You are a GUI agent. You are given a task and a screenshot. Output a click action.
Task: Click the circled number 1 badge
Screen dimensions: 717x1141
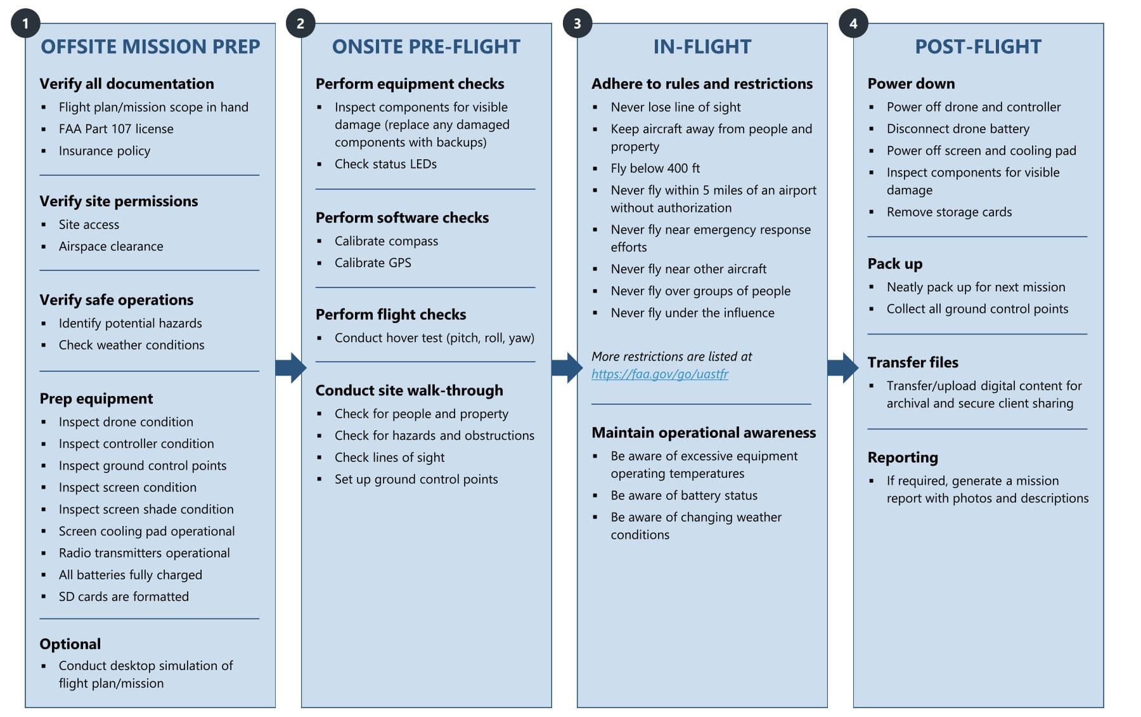(x=25, y=23)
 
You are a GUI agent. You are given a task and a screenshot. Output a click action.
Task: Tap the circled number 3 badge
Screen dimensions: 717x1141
(x=577, y=23)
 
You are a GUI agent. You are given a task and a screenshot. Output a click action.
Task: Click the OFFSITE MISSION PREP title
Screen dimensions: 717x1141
(x=150, y=46)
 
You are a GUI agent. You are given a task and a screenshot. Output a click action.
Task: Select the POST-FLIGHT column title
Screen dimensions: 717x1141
(x=977, y=46)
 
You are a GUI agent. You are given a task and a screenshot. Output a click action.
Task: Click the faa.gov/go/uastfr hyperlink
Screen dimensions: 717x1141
(x=660, y=374)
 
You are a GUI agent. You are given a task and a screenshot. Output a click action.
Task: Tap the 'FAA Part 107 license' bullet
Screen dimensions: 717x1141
(x=116, y=129)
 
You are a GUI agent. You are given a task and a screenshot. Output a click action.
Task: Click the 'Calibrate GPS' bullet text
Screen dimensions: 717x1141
(x=373, y=263)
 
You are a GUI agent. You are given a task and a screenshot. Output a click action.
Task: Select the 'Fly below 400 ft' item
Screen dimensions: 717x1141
(x=655, y=168)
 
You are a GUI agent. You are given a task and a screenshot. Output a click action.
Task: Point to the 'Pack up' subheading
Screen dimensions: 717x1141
(x=894, y=264)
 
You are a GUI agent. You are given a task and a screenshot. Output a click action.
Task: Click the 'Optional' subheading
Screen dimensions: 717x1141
(x=70, y=644)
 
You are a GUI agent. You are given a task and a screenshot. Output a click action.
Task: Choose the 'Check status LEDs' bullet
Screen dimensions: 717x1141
(x=385, y=164)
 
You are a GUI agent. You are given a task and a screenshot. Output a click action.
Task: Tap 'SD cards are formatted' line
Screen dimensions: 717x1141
(x=124, y=596)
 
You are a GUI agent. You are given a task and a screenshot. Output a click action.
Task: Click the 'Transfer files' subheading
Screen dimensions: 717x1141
(x=912, y=362)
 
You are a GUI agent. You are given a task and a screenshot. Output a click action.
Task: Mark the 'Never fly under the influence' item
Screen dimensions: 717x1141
(x=692, y=313)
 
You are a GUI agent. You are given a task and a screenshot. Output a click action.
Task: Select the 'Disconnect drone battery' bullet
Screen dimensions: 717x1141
(x=958, y=129)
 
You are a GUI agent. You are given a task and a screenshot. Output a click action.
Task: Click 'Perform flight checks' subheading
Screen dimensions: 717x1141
(x=390, y=315)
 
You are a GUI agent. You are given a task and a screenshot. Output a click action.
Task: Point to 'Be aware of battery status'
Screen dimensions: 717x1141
(x=684, y=496)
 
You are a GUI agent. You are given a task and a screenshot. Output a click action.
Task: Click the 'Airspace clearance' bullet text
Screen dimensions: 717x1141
(x=111, y=246)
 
